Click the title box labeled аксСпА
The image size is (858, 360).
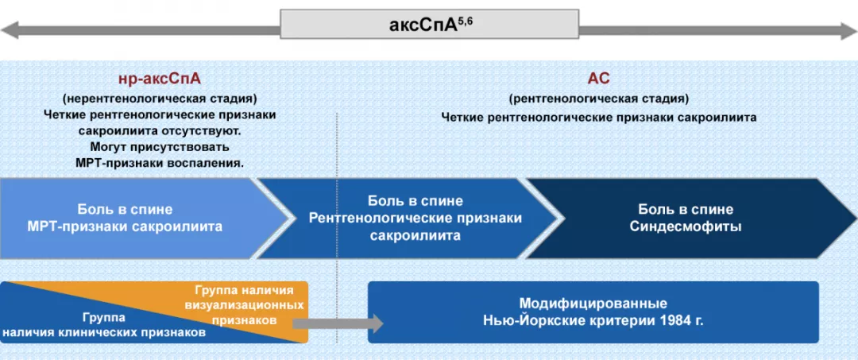(429, 24)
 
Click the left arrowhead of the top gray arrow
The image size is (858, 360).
(10, 31)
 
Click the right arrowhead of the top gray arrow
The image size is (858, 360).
(848, 31)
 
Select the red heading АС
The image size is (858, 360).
(598, 79)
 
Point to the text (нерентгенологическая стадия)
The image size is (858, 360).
(160, 99)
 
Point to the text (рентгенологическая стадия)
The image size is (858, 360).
(598, 99)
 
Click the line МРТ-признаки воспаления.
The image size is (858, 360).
(160, 162)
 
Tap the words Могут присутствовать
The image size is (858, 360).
(160, 146)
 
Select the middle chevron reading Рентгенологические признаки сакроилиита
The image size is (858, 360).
(415, 219)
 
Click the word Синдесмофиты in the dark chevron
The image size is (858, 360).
(686, 226)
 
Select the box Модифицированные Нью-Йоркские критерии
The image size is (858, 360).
(593, 312)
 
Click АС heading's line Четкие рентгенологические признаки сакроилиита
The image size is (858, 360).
(598, 117)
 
